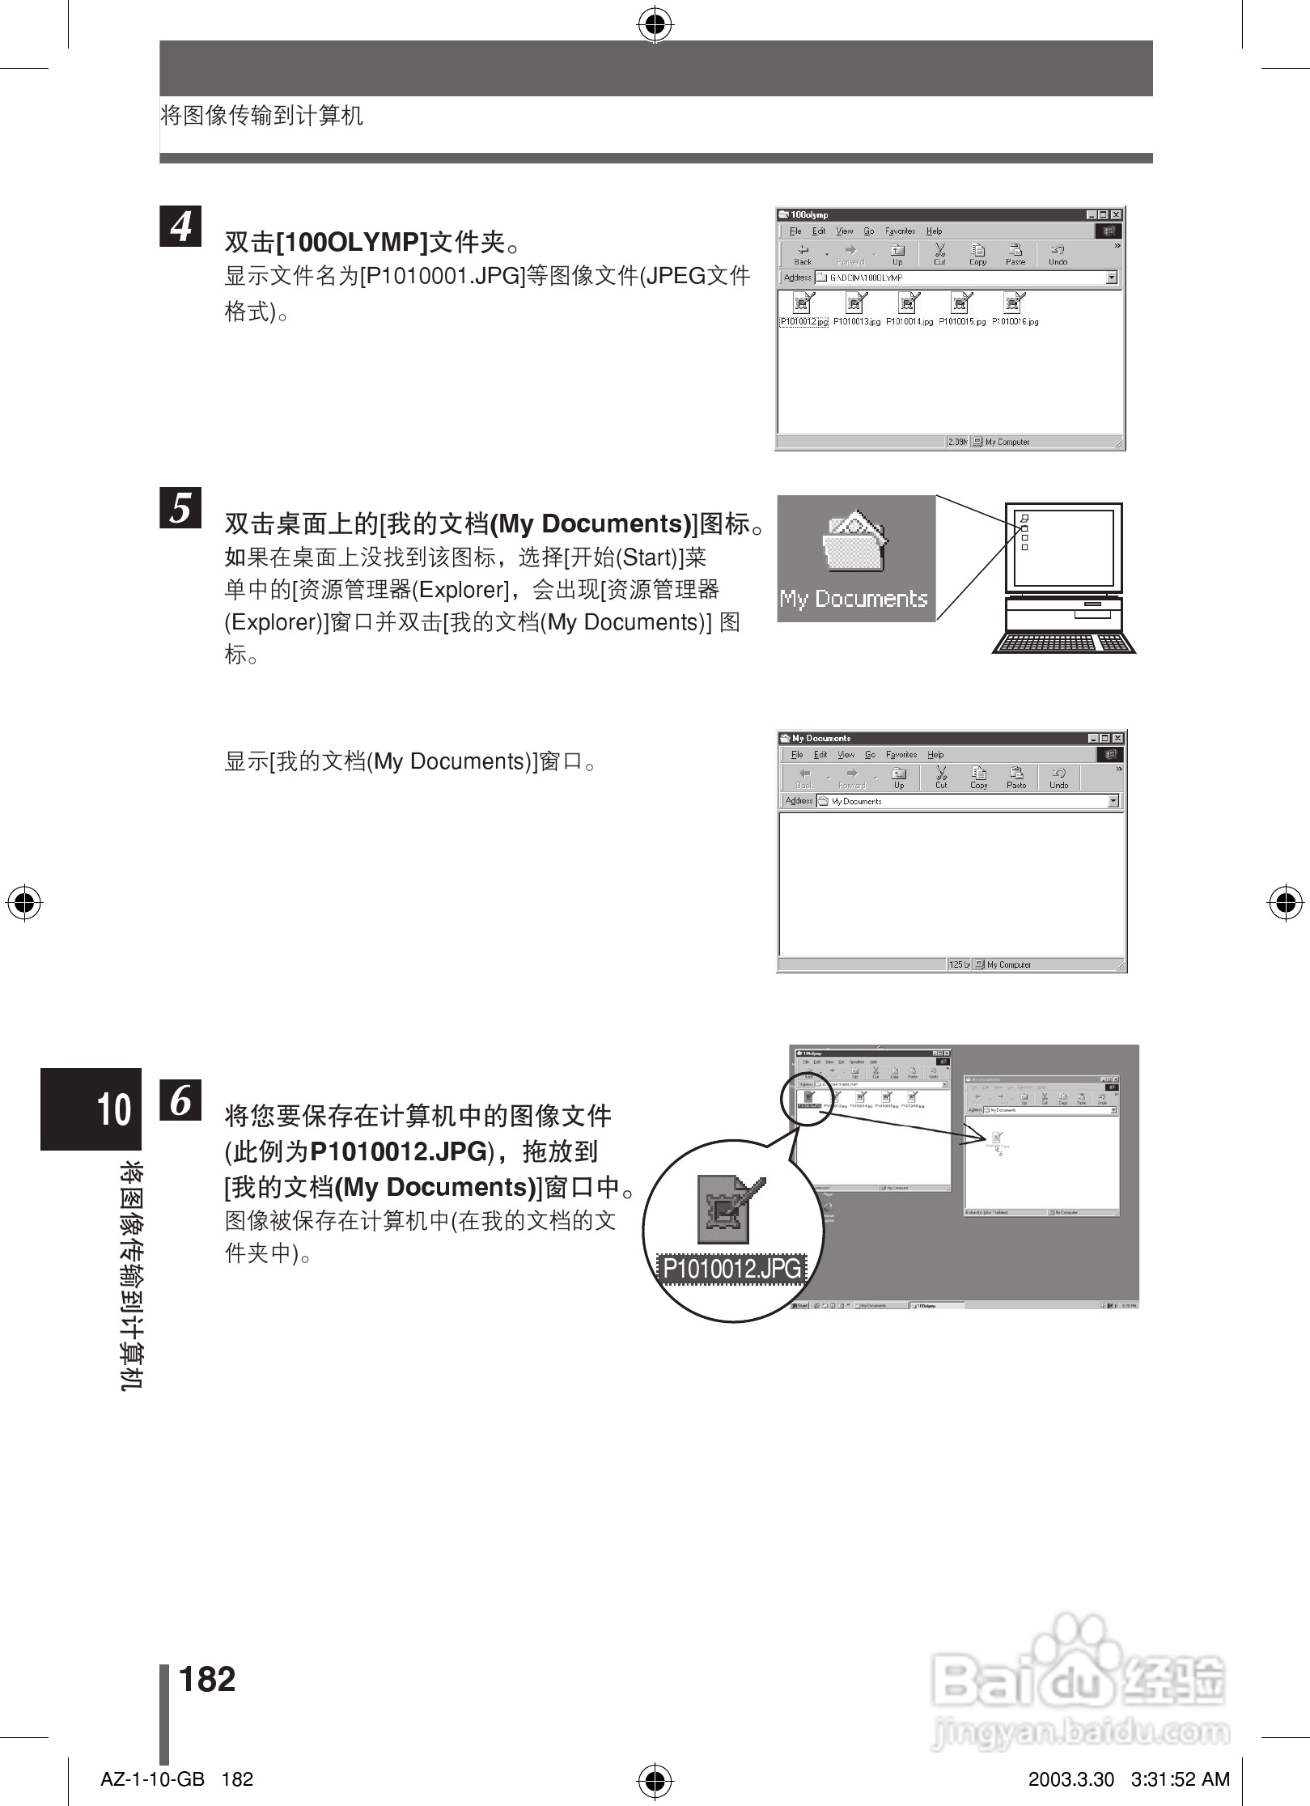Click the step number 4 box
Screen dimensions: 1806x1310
click(x=180, y=226)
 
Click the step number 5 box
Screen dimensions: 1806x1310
click(x=180, y=508)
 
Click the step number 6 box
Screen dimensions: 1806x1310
click(x=180, y=1100)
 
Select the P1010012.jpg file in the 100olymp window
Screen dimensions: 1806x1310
click(x=803, y=310)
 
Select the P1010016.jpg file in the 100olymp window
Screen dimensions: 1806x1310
click(x=1015, y=310)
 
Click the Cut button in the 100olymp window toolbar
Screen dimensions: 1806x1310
click(x=939, y=254)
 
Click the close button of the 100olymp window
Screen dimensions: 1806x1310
click(x=1116, y=214)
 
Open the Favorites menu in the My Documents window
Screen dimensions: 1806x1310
click(x=901, y=754)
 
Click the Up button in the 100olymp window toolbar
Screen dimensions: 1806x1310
click(x=897, y=254)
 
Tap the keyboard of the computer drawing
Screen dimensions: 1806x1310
click(x=1063, y=642)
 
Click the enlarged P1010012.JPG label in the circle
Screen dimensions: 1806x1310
click(x=732, y=1269)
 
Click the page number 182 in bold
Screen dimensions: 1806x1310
click(x=207, y=1680)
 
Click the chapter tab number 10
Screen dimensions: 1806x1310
click(x=114, y=1109)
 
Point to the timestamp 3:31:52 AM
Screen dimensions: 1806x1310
click(x=1180, y=1779)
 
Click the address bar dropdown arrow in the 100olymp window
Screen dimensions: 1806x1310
click(x=1112, y=278)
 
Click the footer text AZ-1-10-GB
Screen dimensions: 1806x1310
click(x=152, y=1779)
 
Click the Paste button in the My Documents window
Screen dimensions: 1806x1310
click(x=1016, y=778)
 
